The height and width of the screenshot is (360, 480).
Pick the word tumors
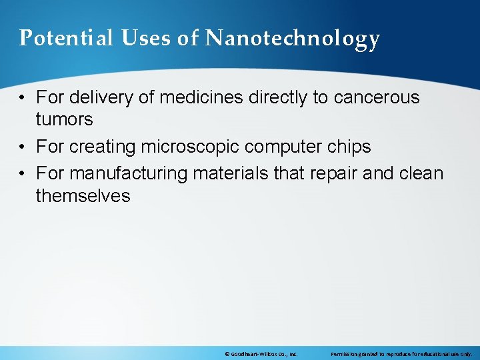64,120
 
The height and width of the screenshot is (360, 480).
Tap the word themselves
83,196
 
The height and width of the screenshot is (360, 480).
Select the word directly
279,97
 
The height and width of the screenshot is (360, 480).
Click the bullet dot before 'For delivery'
23,98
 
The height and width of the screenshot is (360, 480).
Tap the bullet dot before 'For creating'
23,147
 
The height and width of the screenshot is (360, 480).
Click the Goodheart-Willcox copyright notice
261,353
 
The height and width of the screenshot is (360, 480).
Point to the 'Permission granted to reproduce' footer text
401,353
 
